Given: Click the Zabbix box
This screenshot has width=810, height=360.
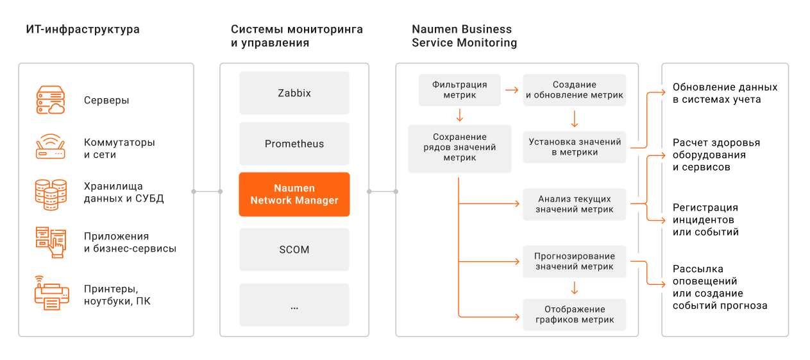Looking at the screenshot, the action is click(294, 93).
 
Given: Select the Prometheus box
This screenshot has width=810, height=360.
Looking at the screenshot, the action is click(294, 144).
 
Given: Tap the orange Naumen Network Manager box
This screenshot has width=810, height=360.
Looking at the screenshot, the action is click(294, 194).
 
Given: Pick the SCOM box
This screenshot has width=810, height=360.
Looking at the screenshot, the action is click(294, 250).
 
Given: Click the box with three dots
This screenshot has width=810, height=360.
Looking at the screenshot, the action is click(294, 305).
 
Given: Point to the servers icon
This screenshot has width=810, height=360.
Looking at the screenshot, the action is click(51, 100).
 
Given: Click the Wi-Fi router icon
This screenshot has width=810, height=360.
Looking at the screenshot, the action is click(51, 146).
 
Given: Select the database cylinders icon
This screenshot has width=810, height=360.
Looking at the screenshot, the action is click(51, 194).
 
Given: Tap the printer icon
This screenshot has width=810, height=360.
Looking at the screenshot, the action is click(52, 293).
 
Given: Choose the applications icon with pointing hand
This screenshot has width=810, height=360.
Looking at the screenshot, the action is click(51, 243).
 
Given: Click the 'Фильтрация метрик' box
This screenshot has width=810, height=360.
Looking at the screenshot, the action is click(460, 90).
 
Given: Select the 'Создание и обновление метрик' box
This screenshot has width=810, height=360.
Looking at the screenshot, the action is click(574, 90).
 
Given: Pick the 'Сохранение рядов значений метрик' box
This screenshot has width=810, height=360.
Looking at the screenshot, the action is click(460, 149).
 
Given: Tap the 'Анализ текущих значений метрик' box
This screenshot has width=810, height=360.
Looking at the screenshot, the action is click(574, 205).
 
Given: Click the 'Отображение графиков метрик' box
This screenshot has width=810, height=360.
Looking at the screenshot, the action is click(574, 315).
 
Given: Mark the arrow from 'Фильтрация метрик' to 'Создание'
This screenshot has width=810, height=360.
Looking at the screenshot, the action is click(512, 90).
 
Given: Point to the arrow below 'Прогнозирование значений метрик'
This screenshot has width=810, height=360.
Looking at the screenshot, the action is click(574, 288).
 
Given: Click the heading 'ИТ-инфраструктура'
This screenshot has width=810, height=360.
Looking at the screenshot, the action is click(83, 30).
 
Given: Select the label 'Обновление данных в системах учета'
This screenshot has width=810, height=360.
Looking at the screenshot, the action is click(725, 93).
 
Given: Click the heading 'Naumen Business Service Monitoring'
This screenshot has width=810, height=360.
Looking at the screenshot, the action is click(464, 36).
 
